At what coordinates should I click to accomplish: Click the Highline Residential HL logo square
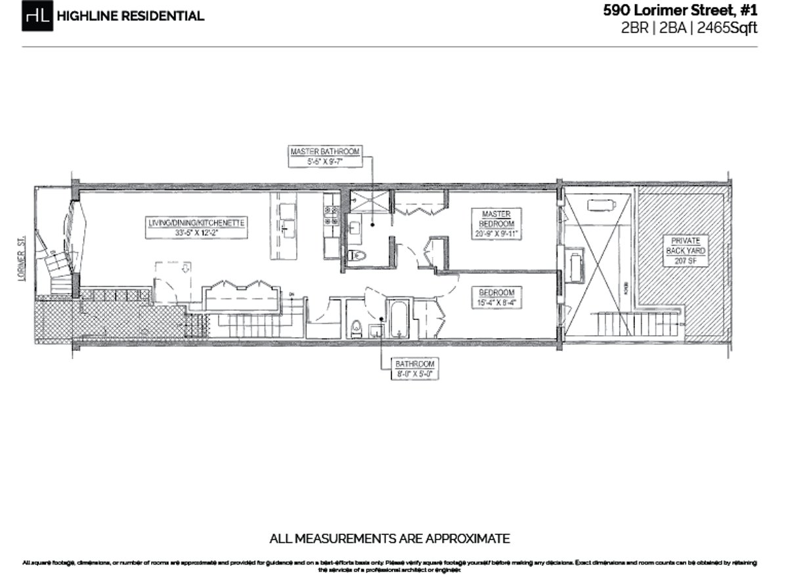coord(37,16)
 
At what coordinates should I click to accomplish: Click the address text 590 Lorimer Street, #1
coord(680,11)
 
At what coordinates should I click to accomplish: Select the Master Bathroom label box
coord(325,156)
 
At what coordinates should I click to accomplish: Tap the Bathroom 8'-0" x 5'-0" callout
coord(414,369)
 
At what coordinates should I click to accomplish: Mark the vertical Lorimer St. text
coord(22,263)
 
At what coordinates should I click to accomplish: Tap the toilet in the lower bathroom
coord(357,327)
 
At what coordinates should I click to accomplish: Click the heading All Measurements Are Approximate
coord(389,539)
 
